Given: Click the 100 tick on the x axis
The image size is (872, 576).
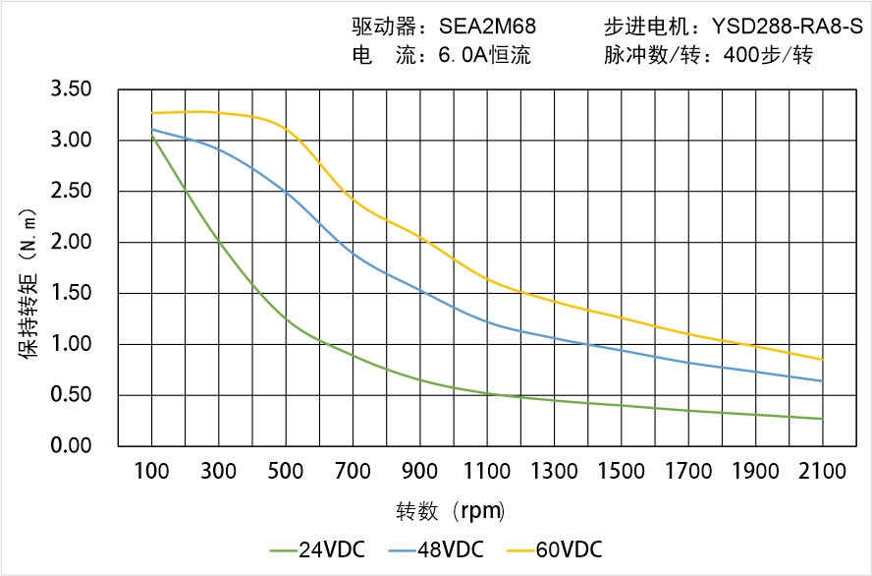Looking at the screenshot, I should [151, 472].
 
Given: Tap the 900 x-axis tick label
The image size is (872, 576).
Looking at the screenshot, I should [420, 472].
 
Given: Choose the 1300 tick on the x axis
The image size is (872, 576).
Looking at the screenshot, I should [554, 472].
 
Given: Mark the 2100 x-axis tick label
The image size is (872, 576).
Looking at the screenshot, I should [823, 472].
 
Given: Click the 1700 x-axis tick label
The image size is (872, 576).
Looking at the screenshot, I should [688, 472].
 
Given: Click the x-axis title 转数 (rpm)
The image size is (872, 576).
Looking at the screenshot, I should [450, 511].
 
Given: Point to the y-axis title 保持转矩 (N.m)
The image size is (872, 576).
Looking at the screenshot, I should [28, 282].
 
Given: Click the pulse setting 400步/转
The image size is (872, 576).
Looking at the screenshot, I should [767, 55].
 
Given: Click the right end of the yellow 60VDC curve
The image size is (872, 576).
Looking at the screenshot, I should [822, 360].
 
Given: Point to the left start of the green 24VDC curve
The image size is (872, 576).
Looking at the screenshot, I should [152, 137].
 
